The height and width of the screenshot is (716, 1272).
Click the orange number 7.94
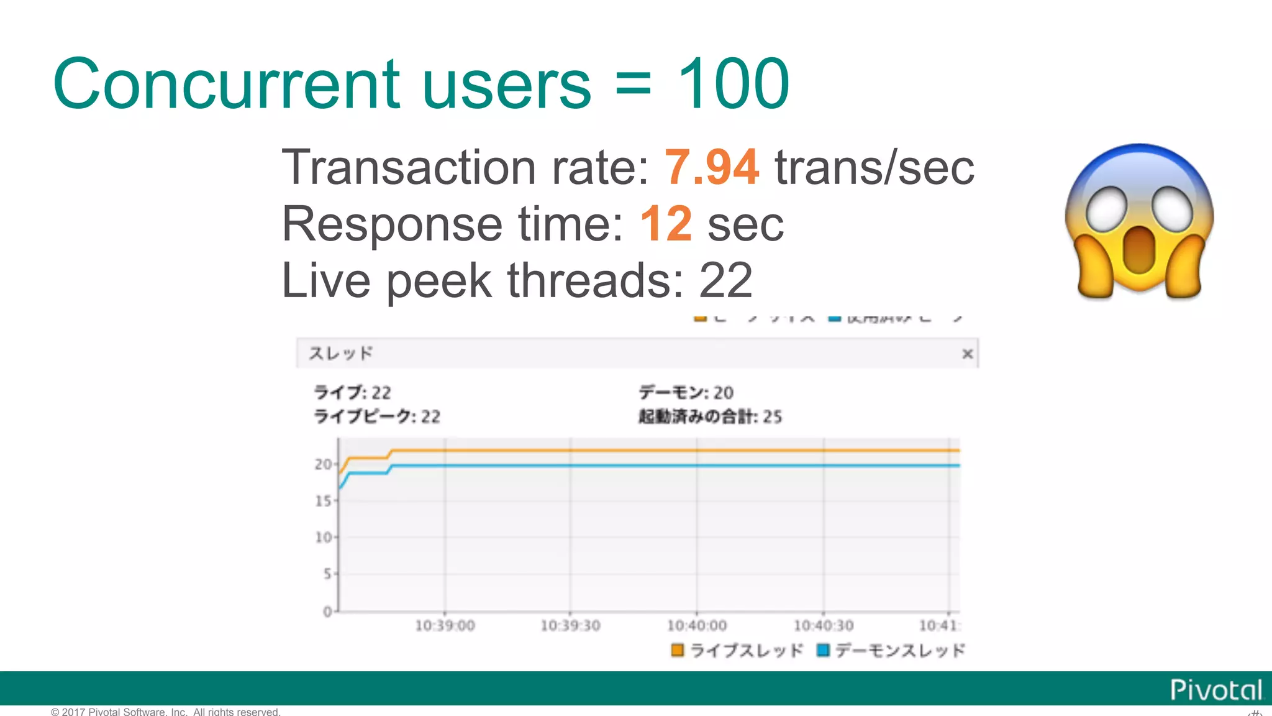tap(711, 167)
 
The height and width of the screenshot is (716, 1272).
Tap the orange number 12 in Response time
tap(665, 224)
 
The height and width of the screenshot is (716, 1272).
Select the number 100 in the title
tap(733, 84)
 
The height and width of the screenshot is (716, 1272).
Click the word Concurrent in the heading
tap(227, 84)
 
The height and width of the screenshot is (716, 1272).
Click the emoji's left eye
tap(1106, 208)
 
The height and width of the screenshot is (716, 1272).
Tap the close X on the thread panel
tap(967, 354)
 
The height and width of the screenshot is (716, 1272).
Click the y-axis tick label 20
tap(323, 464)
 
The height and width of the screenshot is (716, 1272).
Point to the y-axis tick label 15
tap(323, 501)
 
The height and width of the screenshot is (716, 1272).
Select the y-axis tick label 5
tap(327, 574)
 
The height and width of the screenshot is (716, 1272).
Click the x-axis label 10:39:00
tap(445, 626)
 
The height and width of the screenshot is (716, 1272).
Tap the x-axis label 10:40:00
tap(696, 626)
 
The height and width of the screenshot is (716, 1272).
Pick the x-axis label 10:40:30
tap(824, 626)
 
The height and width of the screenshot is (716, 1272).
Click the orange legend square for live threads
tap(677, 650)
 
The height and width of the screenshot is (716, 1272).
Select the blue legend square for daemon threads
tap(824, 650)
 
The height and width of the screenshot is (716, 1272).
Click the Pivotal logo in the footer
tap(1215, 690)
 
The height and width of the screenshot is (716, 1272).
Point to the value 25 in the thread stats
tap(772, 416)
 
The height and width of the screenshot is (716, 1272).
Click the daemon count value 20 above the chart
tap(723, 393)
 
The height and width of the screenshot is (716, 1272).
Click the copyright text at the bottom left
tap(166, 712)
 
